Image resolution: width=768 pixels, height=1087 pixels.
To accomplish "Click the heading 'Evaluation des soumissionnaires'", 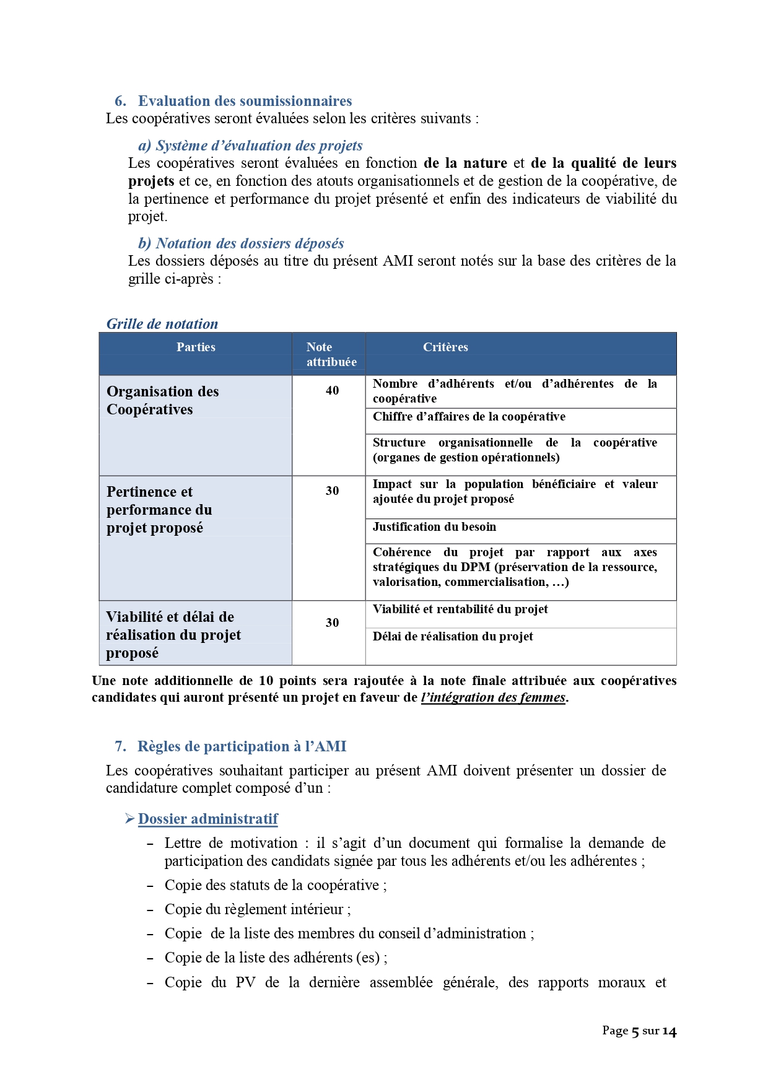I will coord(245,101).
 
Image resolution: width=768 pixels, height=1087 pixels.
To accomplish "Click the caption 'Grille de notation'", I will coord(162,324).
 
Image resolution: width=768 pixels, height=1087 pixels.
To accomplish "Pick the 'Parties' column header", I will coord(196,347).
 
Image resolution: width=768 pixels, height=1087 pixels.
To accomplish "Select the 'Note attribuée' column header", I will coord(331,354).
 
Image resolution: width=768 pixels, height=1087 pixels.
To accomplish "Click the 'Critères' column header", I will coord(445,347).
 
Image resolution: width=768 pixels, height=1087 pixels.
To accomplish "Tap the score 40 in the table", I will coord(333,391).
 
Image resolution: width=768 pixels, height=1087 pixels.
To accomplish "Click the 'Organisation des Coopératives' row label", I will coord(162,401).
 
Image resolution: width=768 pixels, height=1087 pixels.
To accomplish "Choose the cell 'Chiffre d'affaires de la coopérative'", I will coord(469,417).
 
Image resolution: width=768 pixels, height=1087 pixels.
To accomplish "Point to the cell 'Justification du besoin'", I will coord(434,527).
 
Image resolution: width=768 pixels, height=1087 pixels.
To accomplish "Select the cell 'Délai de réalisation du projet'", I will coord(453,637).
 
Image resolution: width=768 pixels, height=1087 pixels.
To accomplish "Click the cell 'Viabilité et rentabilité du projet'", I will coord(460,609).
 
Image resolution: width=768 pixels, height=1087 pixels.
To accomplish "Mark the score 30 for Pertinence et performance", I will coord(333,491).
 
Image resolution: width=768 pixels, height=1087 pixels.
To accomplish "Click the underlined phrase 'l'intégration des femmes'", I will coord(493,697).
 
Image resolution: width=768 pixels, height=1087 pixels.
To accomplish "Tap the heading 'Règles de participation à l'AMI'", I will coord(242,746).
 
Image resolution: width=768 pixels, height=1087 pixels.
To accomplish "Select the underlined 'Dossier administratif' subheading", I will coord(208,819).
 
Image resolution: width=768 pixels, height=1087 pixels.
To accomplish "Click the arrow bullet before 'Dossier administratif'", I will coord(129,819).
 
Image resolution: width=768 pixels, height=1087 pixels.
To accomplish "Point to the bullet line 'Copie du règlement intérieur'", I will coord(258,909).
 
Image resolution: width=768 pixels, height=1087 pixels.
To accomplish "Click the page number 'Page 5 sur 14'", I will coord(639,1031).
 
